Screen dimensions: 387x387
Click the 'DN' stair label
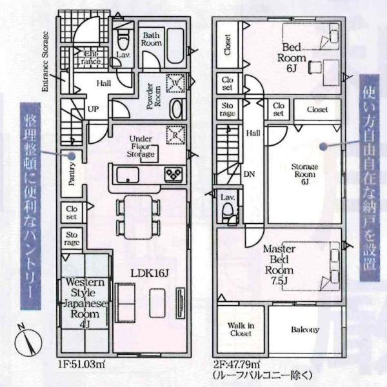click(250, 174)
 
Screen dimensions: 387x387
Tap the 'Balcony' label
click(304, 330)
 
